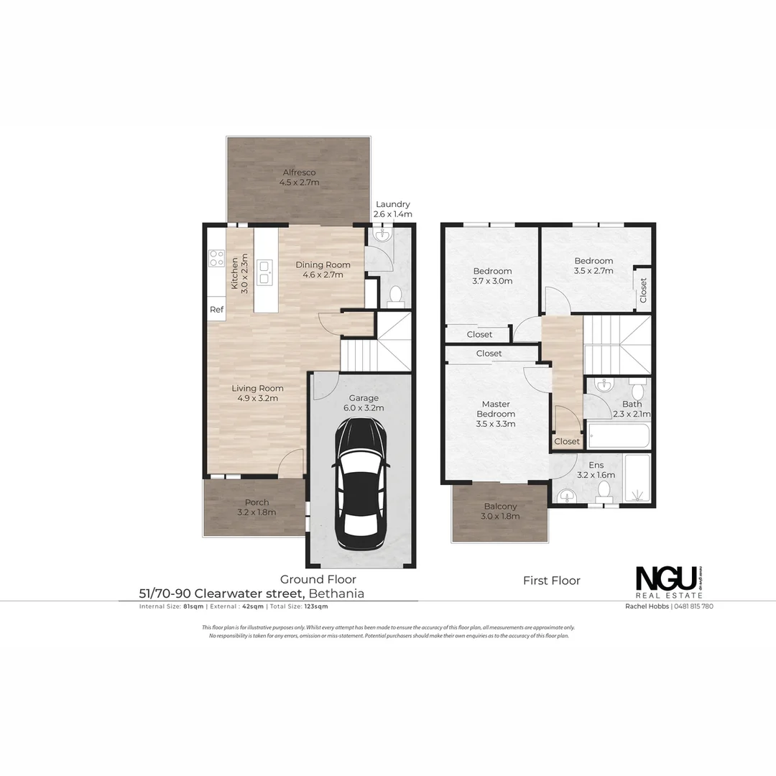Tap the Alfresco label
point(299,172)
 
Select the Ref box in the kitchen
point(216,310)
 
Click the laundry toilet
point(394,294)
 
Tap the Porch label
point(257,502)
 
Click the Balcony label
point(500,506)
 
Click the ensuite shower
point(637,479)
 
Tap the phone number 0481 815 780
point(693,606)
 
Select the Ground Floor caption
point(318,579)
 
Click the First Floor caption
point(551,581)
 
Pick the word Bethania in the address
point(337,593)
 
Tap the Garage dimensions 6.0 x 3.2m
point(364,408)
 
